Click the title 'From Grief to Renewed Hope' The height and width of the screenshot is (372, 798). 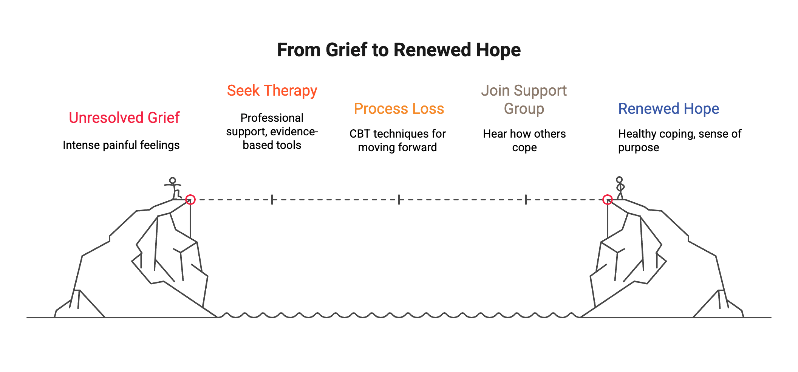click(x=399, y=50)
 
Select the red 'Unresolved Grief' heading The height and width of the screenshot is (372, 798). click(x=124, y=118)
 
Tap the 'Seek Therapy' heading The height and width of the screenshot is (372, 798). click(x=272, y=91)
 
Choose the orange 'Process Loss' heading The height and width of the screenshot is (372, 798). click(x=399, y=109)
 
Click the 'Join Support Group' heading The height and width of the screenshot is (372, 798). click(x=524, y=100)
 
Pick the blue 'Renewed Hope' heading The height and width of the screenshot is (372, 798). click(x=668, y=109)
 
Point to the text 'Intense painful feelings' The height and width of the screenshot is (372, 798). click(x=121, y=145)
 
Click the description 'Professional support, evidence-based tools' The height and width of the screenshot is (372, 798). click(x=272, y=132)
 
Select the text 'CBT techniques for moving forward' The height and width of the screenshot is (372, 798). click(x=397, y=141)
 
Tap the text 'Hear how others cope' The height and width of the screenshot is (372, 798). click(x=524, y=141)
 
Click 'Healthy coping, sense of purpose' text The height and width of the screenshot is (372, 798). click(x=679, y=141)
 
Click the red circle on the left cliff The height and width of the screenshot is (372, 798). click(x=190, y=199)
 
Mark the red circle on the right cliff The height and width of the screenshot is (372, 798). click(x=607, y=199)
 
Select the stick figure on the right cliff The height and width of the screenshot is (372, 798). click(x=620, y=188)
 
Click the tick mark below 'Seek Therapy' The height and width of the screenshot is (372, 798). click(x=272, y=200)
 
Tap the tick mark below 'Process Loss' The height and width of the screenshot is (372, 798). click(x=399, y=200)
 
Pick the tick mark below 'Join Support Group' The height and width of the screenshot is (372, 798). click(x=526, y=200)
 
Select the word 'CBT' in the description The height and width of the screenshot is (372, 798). click(x=360, y=134)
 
